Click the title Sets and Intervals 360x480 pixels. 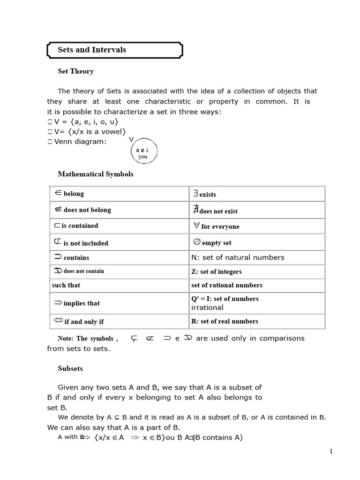(92, 50)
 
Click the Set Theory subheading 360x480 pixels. (75, 71)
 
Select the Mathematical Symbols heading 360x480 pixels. (95, 174)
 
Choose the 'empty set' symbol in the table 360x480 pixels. (197, 242)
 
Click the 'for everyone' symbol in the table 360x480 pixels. (197, 225)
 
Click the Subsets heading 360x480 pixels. (70, 368)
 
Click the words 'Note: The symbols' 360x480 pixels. (85, 338)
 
